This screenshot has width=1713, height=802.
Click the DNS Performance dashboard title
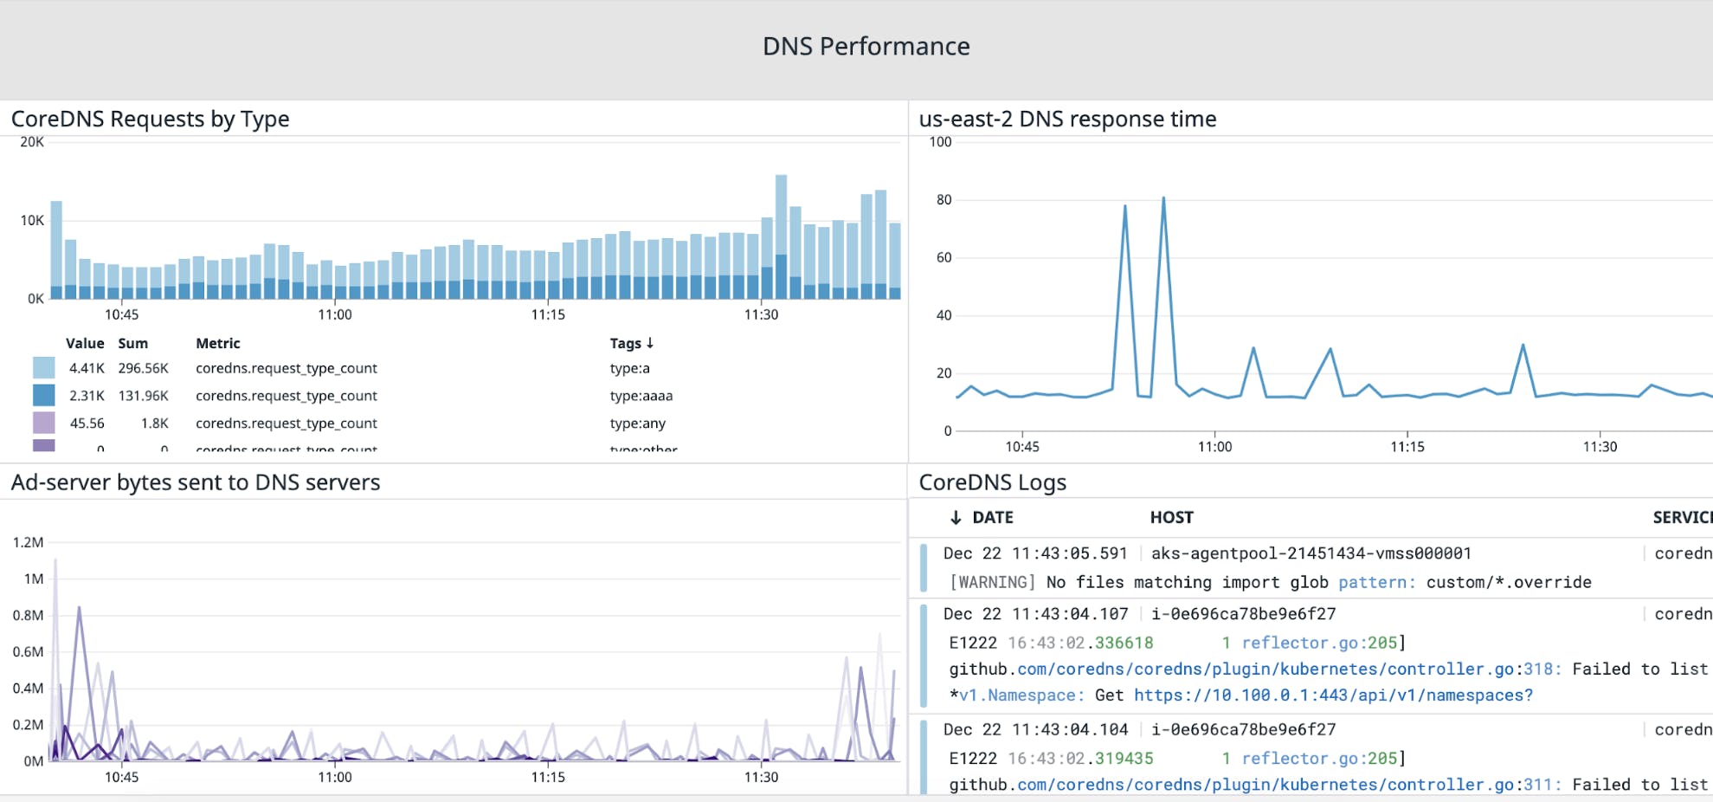(866, 46)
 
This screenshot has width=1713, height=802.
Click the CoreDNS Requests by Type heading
(150, 119)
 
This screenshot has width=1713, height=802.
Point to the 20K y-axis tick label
(32, 142)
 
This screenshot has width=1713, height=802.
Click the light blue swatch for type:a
(43, 368)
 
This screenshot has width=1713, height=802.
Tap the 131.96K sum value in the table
(143, 396)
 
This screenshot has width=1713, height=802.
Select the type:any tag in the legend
(637, 424)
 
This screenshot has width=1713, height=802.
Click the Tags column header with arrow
(631, 343)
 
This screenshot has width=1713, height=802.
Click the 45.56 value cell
(87, 424)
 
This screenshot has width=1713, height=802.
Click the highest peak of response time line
(1163, 198)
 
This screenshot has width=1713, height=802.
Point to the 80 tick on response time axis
(943, 200)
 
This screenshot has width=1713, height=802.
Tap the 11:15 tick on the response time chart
(1407, 446)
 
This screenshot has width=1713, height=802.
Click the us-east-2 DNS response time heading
(1067, 119)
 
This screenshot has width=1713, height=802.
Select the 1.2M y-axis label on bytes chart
(28, 542)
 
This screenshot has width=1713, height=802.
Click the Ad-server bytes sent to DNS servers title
(196, 482)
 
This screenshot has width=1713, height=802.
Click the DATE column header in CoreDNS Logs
(992, 517)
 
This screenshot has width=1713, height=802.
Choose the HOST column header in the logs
(1171, 517)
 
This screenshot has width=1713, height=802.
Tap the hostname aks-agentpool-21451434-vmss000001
(1311, 553)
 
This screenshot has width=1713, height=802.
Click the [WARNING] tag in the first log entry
(992, 582)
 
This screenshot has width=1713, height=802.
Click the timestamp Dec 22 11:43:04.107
(1035, 614)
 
